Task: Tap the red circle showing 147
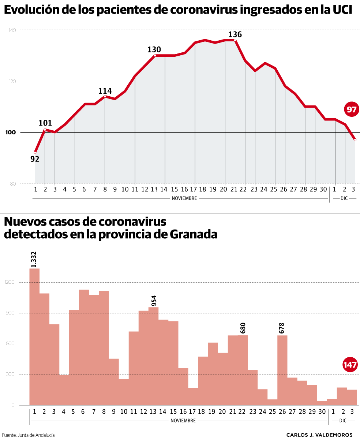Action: click(x=350, y=365)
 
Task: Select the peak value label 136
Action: click(x=235, y=34)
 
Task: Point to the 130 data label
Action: click(x=154, y=49)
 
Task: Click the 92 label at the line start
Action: click(x=35, y=159)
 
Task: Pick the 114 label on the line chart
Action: click(x=105, y=91)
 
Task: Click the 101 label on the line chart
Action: click(x=45, y=123)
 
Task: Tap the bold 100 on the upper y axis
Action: click(x=11, y=132)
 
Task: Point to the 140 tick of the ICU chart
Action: click(x=12, y=30)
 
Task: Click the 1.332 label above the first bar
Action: click(x=34, y=259)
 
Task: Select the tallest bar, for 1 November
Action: click(x=34, y=337)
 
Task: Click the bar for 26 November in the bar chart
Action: click(x=282, y=370)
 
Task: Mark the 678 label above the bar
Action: click(x=281, y=328)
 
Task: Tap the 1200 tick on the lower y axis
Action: click(x=10, y=282)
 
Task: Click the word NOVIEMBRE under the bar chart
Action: click(x=183, y=421)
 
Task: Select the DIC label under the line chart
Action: click(x=344, y=198)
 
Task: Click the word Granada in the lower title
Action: click(x=194, y=234)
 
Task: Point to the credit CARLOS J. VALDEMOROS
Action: click(x=319, y=435)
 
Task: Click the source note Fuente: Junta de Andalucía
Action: click(x=28, y=435)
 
